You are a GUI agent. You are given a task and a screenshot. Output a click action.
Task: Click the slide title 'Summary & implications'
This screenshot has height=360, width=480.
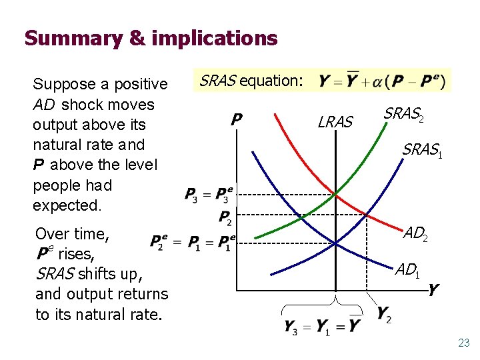[x=151, y=38]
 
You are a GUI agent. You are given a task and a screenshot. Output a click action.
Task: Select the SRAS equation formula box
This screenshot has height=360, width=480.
[x=381, y=81]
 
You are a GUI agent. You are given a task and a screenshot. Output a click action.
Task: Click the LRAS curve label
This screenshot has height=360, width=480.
[x=335, y=121]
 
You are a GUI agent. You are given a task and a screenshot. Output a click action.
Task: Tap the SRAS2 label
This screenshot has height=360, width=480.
[x=403, y=115]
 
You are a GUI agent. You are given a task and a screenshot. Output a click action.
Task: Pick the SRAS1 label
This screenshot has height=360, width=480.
[x=422, y=151]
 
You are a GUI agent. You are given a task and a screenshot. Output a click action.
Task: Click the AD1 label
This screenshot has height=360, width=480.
[x=408, y=271]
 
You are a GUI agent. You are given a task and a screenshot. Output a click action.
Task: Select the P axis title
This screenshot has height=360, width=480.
[x=236, y=120]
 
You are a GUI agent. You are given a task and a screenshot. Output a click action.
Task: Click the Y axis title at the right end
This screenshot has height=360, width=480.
[x=434, y=290]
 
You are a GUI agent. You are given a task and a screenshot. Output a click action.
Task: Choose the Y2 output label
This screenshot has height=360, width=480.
[x=383, y=313]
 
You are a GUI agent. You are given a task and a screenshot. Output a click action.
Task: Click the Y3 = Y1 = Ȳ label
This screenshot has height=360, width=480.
[x=322, y=326]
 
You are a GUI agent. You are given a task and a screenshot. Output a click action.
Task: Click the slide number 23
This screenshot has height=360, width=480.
[x=463, y=343]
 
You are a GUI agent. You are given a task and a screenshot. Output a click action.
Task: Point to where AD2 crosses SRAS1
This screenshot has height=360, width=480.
[x=367, y=215]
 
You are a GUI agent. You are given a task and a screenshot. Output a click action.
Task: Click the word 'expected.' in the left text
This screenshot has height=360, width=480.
[x=67, y=205]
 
